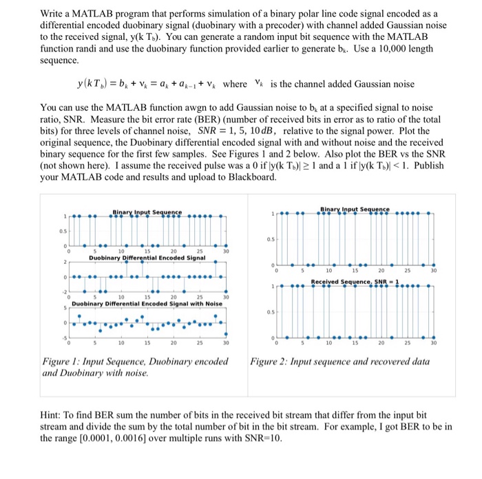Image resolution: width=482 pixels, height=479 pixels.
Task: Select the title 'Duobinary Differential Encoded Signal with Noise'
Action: click(x=147, y=303)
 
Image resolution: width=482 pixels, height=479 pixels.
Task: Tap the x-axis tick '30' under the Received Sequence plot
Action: click(x=434, y=342)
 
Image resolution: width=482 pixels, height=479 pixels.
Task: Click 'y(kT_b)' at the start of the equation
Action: click(x=100, y=84)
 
